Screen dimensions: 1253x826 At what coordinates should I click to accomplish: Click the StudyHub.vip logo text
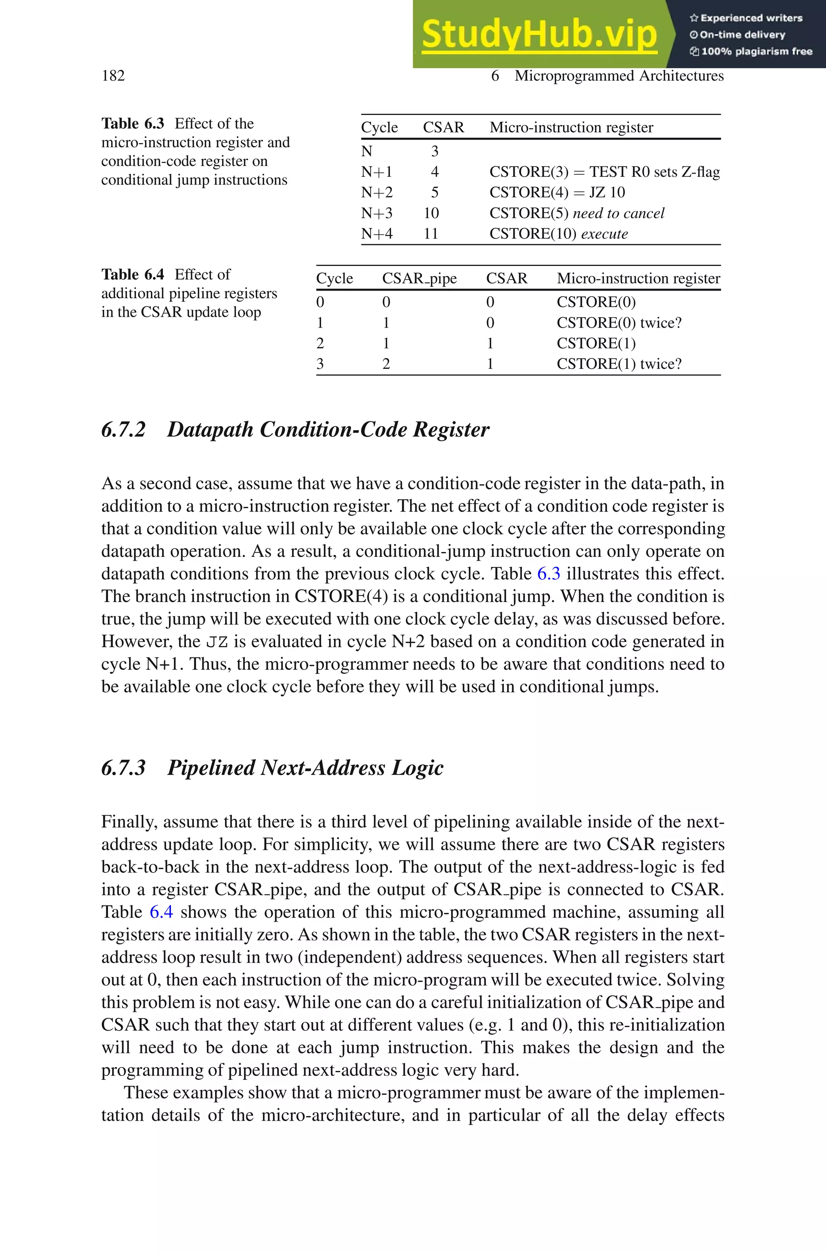coord(539,34)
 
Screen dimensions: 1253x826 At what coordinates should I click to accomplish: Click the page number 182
coord(113,75)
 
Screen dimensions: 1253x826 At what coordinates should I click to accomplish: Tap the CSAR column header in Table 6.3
coord(444,128)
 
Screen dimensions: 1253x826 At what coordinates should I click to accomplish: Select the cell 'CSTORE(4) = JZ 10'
coord(557,192)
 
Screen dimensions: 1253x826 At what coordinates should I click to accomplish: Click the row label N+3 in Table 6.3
coord(377,213)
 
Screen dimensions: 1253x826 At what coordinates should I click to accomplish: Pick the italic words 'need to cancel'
coord(618,213)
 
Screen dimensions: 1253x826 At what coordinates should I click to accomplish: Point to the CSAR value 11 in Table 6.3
coord(431,233)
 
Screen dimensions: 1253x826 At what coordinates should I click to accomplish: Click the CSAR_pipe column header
coord(419,278)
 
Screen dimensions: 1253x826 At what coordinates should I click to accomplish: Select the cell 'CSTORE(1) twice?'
coord(619,364)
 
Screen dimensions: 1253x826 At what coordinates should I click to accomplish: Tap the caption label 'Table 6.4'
coord(133,274)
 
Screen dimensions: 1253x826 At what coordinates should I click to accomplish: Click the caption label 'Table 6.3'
coord(133,123)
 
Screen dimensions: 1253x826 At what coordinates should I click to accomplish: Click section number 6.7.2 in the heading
coord(123,429)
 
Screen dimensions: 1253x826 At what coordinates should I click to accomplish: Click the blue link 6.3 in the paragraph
coord(549,574)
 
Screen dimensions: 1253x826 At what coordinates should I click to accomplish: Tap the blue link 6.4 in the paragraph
coord(161,912)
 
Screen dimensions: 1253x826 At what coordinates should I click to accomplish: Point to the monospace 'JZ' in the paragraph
coord(217,642)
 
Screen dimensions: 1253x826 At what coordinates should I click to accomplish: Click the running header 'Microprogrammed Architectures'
coord(619,76)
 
